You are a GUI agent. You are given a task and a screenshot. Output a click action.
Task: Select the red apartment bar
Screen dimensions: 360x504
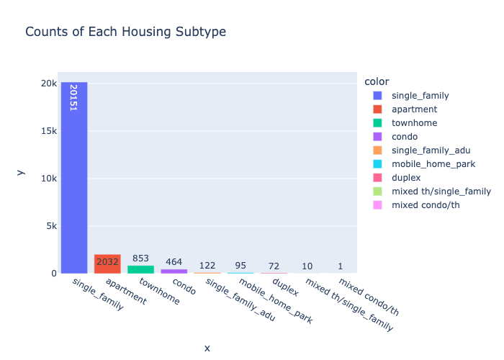[107, 264]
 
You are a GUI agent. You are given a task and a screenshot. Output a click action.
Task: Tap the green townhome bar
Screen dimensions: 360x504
[140, 269]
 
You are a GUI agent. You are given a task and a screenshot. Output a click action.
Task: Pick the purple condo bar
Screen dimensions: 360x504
[174, 271]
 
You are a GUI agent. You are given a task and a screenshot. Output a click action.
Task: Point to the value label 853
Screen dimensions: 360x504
[140, 258]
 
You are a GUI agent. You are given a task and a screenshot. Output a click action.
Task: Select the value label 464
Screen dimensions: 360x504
[174, 262]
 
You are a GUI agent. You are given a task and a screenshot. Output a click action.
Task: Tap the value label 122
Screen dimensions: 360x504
[207, 266]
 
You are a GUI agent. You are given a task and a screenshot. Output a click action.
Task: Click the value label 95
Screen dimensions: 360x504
[240, 266]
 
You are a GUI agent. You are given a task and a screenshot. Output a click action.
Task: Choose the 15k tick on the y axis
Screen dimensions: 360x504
[48, 131]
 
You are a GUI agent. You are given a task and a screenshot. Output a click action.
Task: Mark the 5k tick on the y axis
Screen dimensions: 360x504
[50, 226]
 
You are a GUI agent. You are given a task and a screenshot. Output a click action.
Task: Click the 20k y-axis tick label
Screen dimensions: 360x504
[48, 84]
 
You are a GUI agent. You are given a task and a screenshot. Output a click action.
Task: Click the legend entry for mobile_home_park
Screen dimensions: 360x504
[423, 164]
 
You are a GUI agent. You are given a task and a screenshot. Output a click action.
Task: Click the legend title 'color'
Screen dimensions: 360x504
[377, 81]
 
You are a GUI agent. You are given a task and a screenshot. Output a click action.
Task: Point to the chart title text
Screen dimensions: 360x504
[126, 32]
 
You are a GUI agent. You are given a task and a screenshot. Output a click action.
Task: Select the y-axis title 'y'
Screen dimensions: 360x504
[20, 171]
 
